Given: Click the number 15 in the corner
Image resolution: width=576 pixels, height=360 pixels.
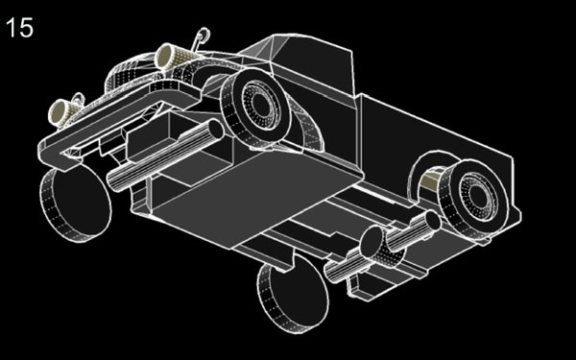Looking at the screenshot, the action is [x=19, y=28].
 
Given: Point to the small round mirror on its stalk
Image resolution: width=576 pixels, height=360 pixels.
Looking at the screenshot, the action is [x=203, y=36].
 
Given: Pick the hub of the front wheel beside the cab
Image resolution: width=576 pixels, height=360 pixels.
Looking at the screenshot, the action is [x=262, y=105].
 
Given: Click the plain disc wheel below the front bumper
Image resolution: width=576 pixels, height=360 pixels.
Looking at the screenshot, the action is [x=76, y=203].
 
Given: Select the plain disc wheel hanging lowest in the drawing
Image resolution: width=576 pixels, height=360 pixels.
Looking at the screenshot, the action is [x=293, y=293].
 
